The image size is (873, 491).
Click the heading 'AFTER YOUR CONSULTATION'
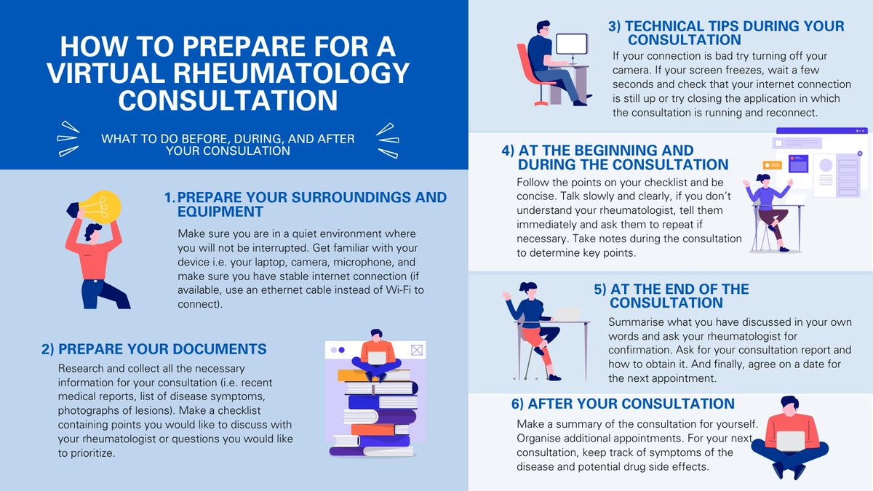[x=626, y=404]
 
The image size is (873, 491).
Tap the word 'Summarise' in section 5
[x=636, y=322]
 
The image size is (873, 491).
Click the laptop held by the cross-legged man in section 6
[x=791, y=441]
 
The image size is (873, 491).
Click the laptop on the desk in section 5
[x=567, y=314]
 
